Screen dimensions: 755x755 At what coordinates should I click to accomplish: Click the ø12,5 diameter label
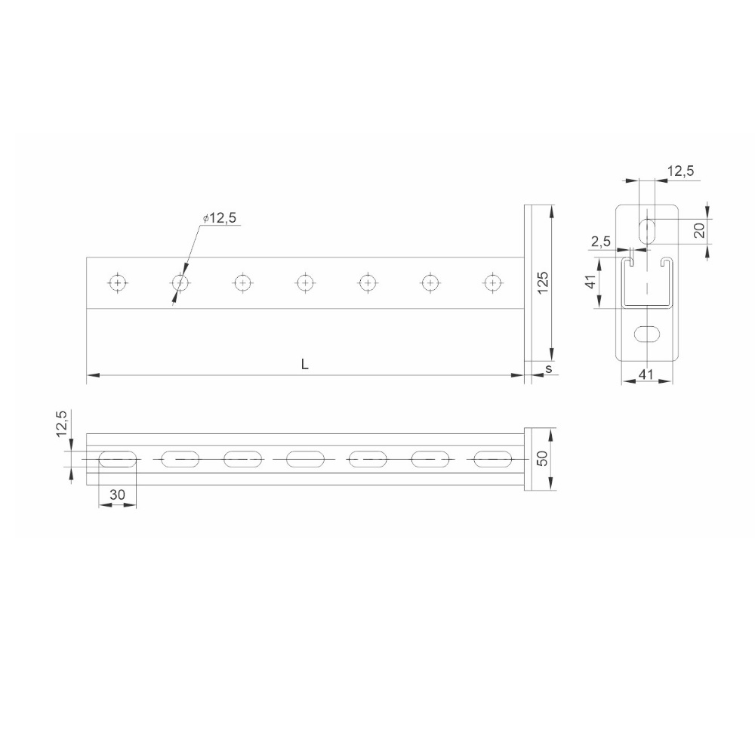(220, 218)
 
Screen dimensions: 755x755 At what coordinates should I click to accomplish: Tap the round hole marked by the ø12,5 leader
(180, 282)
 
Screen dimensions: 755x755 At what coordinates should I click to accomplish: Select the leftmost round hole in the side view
(117, 282)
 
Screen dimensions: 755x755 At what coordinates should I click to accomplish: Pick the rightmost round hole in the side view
(492, 282)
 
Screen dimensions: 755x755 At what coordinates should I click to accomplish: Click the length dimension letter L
(304, 364)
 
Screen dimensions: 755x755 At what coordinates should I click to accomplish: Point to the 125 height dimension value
(544, 281)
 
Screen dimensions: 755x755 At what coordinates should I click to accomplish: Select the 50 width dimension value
(543, 458)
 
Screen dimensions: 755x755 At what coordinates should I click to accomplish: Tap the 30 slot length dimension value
(117, 495)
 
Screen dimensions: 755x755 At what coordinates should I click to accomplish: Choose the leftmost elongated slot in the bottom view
(117, 458)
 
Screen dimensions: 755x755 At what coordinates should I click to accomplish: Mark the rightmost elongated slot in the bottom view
(492, 458)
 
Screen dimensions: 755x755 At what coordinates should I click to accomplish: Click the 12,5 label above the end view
(681, 172)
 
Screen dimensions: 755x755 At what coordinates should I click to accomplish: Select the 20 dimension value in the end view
(699, 230)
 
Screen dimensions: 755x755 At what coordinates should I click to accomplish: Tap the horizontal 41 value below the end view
(646, 373)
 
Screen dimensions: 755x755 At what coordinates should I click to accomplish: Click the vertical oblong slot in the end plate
(646, 230)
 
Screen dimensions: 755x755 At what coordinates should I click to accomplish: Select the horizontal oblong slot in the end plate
(646, 332)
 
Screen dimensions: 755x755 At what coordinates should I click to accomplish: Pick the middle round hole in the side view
(304, 282)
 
